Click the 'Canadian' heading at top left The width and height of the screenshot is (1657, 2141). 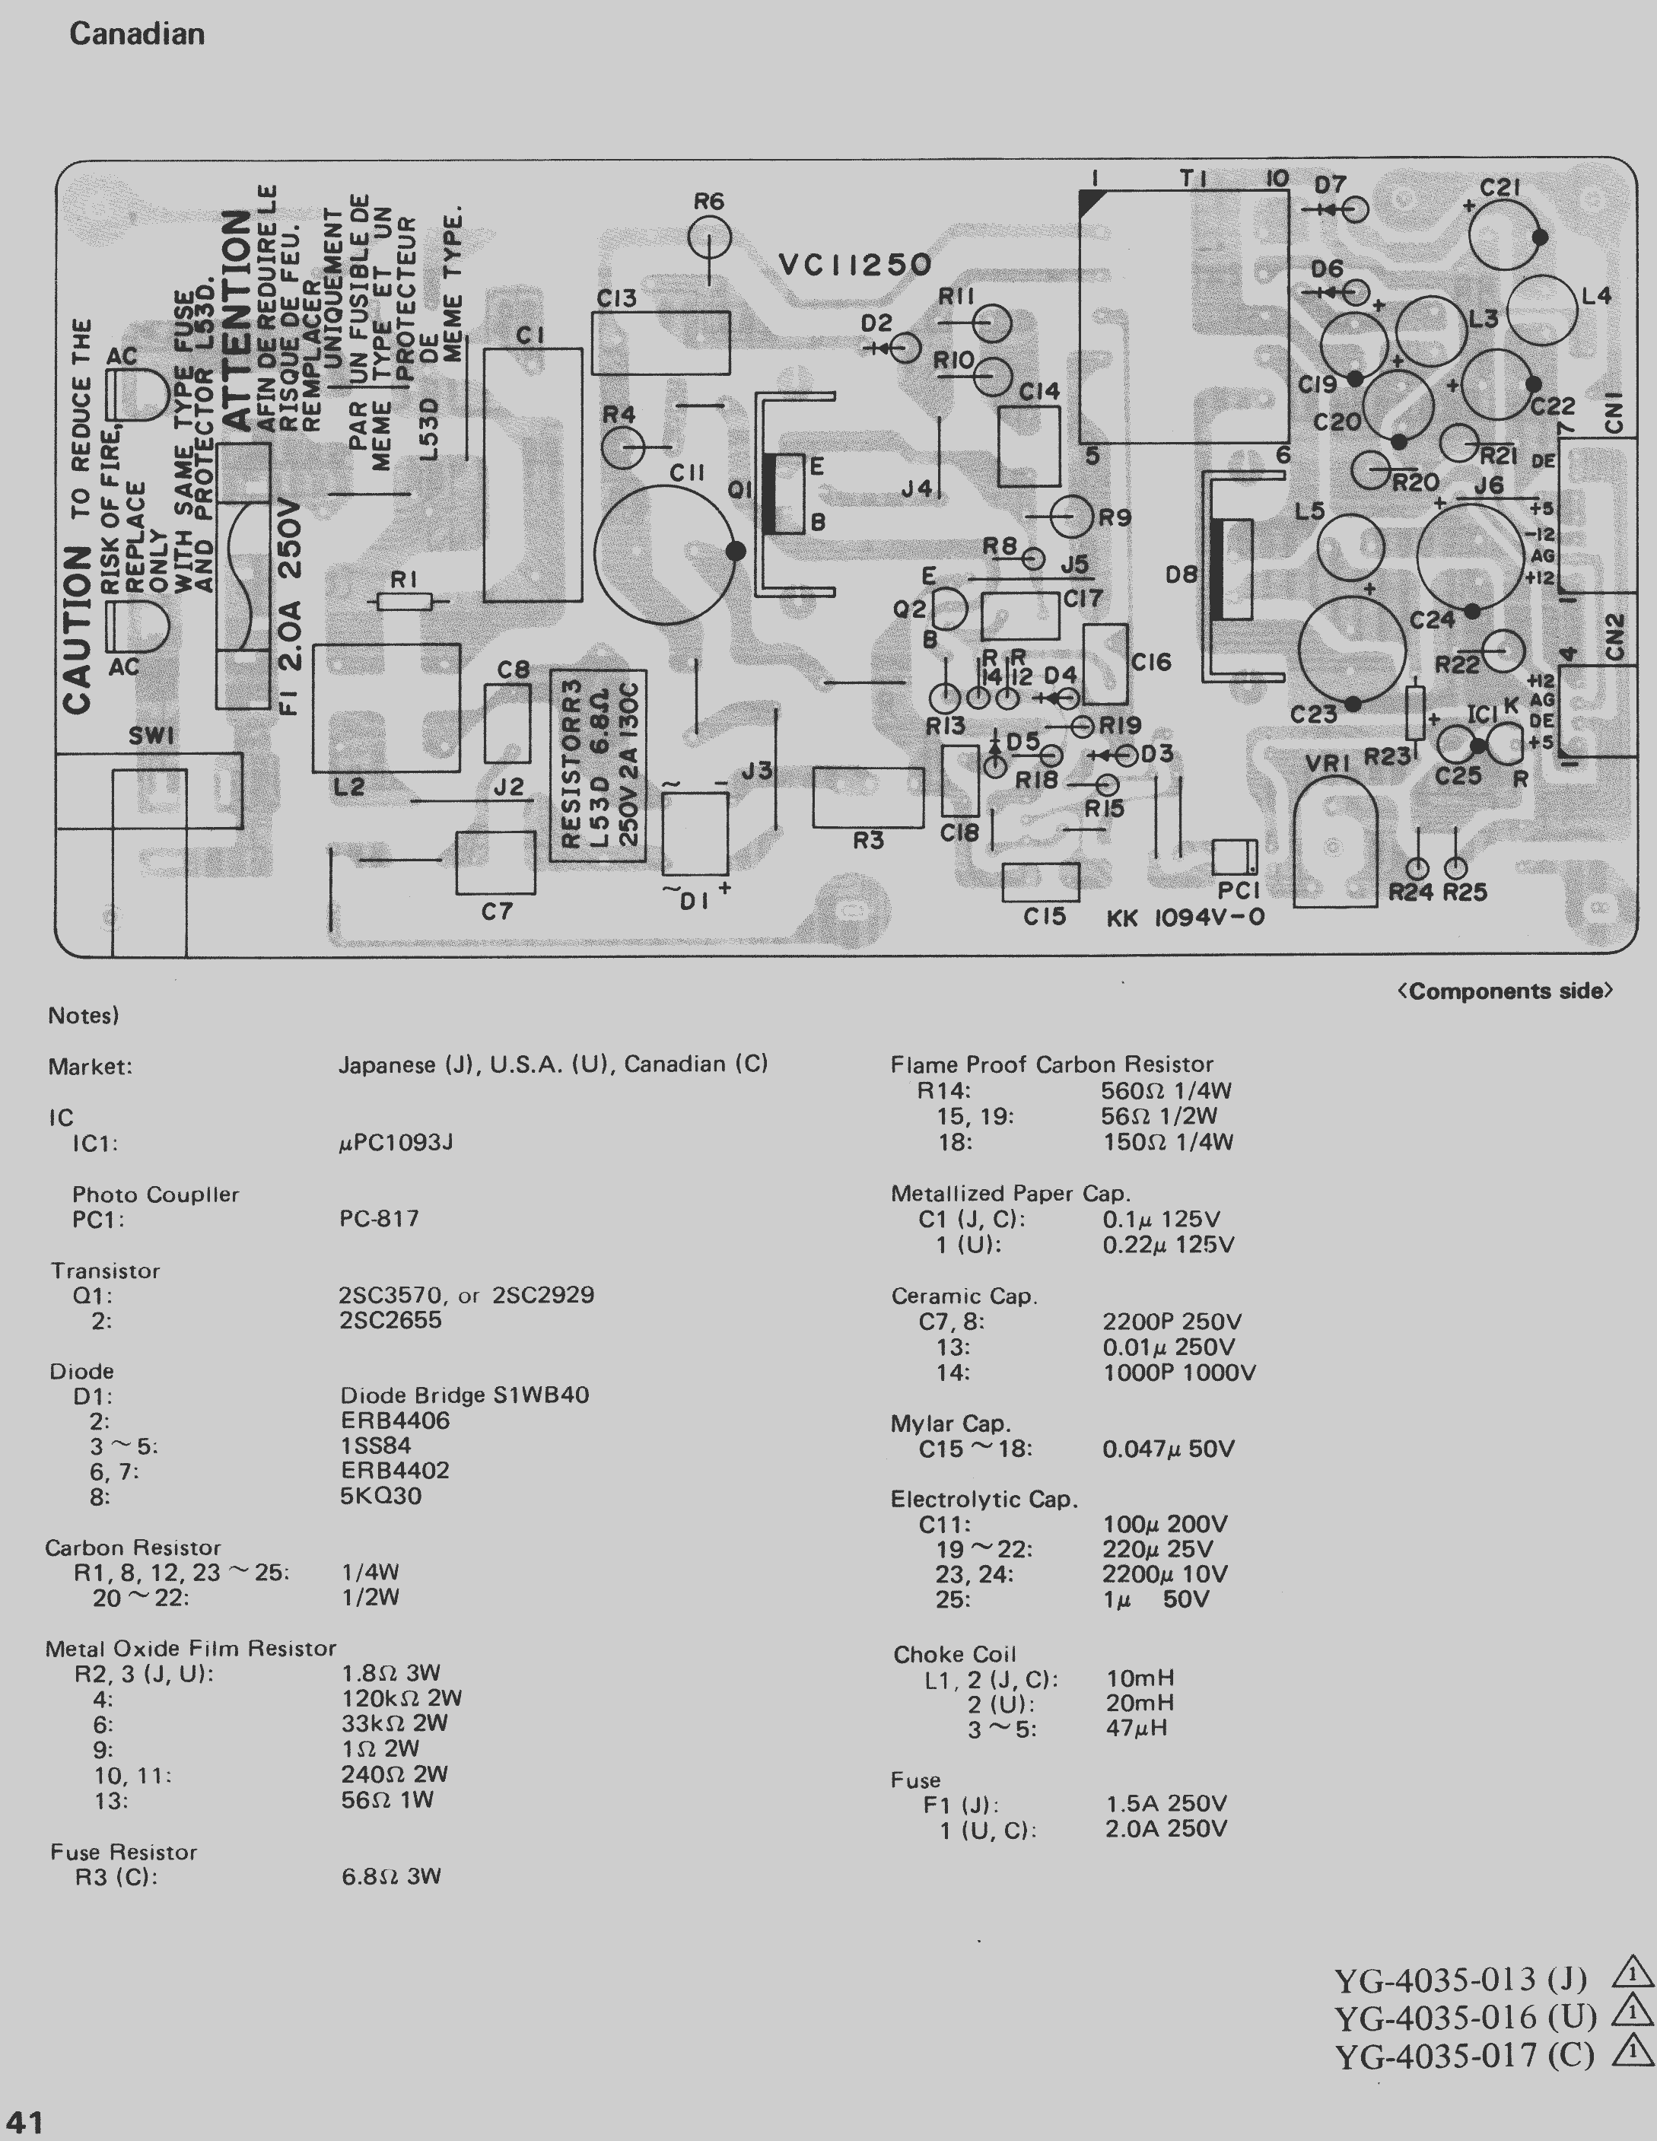coord(136,34)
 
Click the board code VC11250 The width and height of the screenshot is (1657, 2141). coord(854,265)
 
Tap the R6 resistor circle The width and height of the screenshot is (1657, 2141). coord(709,238)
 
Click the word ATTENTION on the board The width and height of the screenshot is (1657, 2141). coord(237,320)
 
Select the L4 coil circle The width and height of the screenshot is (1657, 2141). coord(1542,310)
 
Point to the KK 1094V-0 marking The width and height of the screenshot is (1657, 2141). coord(1185,918)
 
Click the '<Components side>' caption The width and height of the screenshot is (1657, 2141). coord(1504,991)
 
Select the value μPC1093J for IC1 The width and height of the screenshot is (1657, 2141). coord(396,1143)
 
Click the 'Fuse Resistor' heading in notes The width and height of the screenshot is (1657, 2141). coord(123,1852)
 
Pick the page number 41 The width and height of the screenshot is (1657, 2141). coord(24,2123)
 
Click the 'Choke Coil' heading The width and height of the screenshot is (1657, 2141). coord(954,1655)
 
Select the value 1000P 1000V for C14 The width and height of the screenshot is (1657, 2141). coord(1178,1373)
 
